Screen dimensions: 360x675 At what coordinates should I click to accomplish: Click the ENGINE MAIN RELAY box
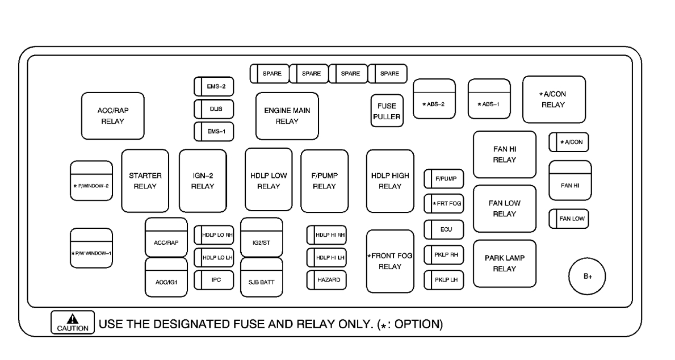pos(287,115)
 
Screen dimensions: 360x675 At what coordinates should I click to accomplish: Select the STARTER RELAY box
pos(145,181)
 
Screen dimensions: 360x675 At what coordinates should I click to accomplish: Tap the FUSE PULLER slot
pos(387,111)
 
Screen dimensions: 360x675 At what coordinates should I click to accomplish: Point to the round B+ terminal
pos(587,277)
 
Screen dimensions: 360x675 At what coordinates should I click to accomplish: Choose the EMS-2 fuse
pos(214,86)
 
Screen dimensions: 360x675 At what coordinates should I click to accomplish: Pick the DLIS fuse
pos(214,108)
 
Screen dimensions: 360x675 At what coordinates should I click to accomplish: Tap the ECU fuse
pos(444,229)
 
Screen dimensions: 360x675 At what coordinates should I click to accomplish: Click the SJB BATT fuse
pos(261,279)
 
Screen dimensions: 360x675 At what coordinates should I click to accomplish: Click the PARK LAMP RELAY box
pos(504,263)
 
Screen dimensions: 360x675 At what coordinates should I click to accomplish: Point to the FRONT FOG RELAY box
pos(389,261)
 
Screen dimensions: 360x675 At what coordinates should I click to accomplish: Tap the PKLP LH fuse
pos(444,280)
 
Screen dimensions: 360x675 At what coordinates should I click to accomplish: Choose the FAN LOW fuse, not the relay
pos(568,219)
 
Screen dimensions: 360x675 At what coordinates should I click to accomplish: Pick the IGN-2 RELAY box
pos(203,181)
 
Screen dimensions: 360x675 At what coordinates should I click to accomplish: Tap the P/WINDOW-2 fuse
pos(91,185)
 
